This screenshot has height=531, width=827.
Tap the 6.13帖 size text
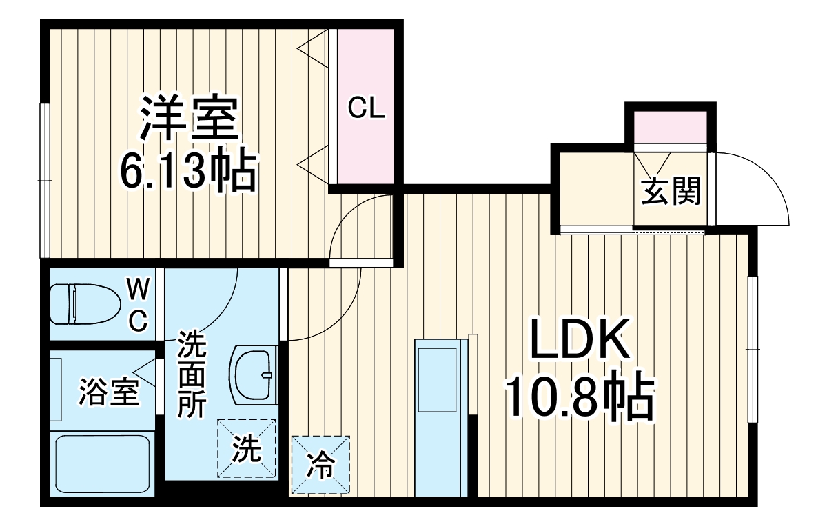click(187, 172)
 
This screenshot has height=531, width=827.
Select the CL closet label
click(365, 108)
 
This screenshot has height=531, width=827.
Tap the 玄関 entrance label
click(671, 191)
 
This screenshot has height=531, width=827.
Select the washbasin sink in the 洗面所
click(255, 376)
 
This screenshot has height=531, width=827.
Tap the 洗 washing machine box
click(246, 449)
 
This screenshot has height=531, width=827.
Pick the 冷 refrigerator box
click(320, 465)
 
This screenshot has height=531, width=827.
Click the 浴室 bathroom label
click(109, 392)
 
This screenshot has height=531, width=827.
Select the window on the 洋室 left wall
click(44, 181)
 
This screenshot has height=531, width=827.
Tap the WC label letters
click(138, 303)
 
